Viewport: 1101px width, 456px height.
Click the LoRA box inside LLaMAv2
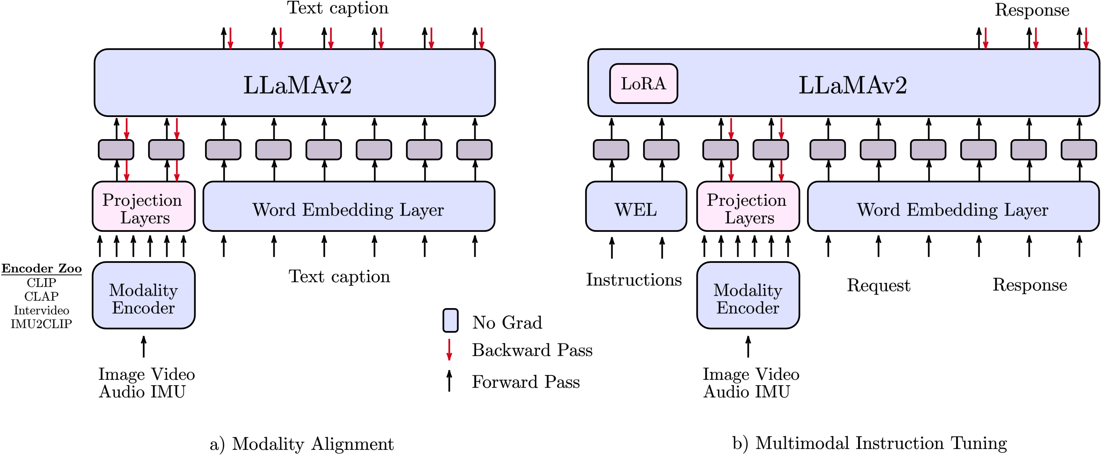click(643, 83)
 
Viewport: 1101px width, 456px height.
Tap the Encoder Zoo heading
click(41, 268)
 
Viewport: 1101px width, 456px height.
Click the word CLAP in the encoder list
click(41, 296)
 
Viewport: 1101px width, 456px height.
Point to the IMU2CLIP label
click(41, 324)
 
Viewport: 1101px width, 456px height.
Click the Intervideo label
click(41, 310)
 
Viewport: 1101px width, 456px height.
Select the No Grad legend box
click(450, 320)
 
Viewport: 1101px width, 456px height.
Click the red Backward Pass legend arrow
click(449, 350)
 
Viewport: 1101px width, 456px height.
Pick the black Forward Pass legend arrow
click(449, 381)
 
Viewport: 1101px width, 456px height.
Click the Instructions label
click(633, 280)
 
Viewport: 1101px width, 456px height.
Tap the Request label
click(878, 285)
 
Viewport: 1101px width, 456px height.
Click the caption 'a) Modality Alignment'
click(301, 443)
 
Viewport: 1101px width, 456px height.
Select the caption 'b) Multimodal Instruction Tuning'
click(869, 443)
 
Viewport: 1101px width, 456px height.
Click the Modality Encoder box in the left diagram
click(144, 295)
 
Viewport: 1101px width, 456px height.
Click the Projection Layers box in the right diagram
click(748, 206)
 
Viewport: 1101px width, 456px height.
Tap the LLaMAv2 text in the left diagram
click(298, 85)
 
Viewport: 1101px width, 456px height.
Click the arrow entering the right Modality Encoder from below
click(748, 347)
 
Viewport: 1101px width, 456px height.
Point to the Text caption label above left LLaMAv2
click(338, 8)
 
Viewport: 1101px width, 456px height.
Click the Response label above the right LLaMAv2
click(1032, 9)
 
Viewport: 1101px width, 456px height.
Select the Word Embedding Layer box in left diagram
click(349, 206)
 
